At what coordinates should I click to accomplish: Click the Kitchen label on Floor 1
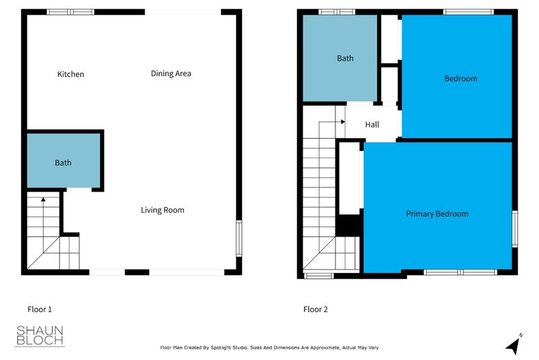(71, 74)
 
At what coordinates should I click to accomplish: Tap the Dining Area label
(171, 73)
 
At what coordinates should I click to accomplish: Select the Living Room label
(162, 210)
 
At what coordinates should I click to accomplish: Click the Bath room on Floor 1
(63, 162)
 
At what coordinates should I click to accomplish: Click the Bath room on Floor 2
(345, 59)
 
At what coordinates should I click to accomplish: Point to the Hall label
(372, 125)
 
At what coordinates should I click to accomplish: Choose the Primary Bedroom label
(437, 214)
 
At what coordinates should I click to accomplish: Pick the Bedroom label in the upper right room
(461, 79)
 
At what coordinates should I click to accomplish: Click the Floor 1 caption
(39, 309)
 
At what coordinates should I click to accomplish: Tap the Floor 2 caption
(315, 309)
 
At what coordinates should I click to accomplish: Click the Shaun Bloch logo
(40, 336)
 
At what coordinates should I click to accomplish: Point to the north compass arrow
(513, 344)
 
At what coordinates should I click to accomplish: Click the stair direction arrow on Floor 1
(42, 200)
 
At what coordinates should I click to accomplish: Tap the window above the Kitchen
(71, 11)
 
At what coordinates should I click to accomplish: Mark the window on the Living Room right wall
(238, 238)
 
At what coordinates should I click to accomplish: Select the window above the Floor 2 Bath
(336, 11)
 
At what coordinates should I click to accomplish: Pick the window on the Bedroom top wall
(468, 11)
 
